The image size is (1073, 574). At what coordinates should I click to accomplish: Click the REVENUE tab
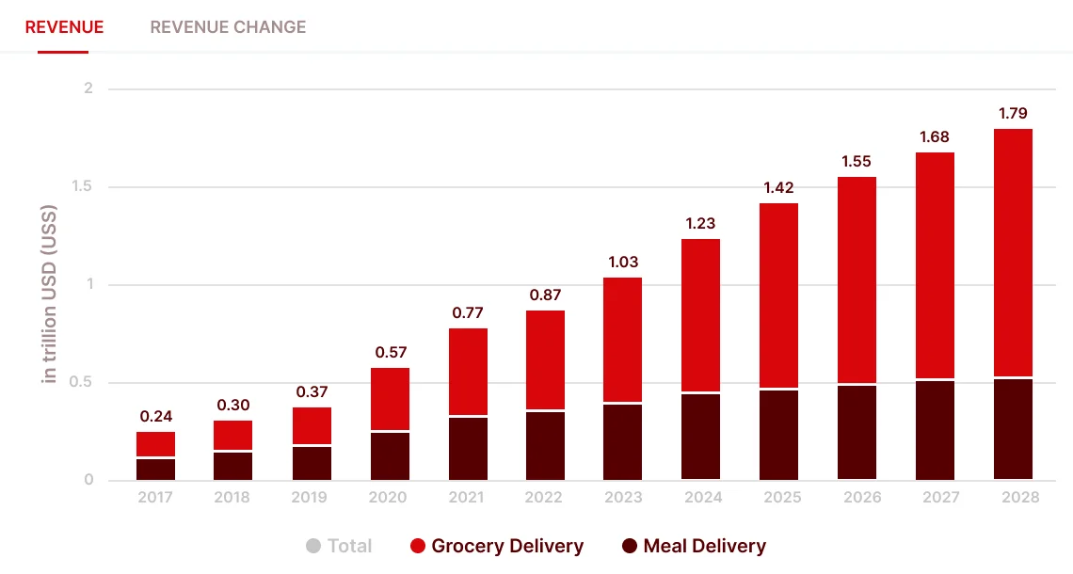point(64,26)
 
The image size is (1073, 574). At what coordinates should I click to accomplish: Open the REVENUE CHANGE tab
point(228,26)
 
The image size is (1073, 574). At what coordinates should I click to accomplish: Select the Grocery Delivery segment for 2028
point(1013,252)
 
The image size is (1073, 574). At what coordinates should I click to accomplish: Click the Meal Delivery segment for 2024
point(700,437)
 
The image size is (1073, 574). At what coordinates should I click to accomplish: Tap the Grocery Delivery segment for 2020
point(390,398)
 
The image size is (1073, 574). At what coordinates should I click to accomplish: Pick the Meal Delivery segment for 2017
point(155,469)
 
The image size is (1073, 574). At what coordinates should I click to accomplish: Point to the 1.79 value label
point(1013,114)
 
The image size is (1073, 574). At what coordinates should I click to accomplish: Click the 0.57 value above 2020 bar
point(390,353)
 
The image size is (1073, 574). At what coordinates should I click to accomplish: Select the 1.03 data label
point(622,263)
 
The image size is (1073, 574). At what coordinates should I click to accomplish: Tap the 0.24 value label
point(155,416)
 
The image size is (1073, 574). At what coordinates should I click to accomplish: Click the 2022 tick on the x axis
point(545,497)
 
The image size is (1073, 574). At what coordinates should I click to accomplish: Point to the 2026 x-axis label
point(857,497)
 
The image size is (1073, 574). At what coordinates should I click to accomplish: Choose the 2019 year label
point(311,497)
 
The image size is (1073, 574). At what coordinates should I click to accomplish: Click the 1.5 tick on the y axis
point(83,187)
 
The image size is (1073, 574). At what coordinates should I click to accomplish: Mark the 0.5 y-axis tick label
point(83,383)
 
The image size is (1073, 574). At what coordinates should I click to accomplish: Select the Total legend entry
point(340,546)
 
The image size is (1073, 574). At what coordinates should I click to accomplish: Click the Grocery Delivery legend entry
point(497,546)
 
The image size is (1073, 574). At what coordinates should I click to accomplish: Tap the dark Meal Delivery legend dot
point(630,546)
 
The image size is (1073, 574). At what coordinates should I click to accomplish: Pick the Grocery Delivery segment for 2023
point(622,340)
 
